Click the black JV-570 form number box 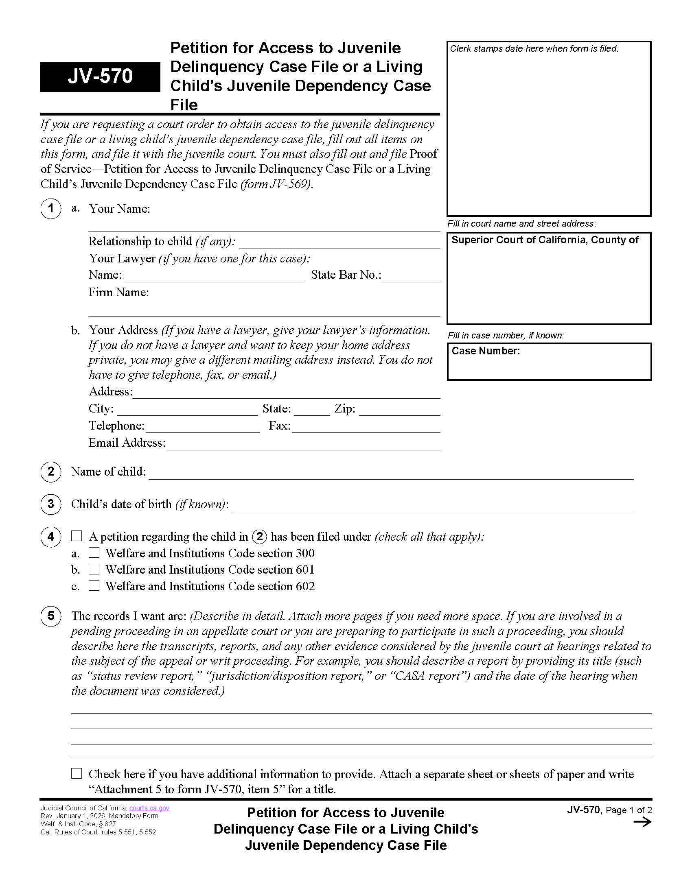point(100,76)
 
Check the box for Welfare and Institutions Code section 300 point(94,553)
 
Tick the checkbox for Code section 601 point(94,569)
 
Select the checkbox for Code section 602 point(94,585)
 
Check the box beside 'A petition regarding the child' point(77,536)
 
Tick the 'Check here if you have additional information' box point(77,773)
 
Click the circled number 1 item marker point(51,209)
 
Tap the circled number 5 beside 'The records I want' point(51,616)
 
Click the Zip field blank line point(399,410)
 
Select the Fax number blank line point(366,428)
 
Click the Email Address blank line point(303,445)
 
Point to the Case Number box point(549,362)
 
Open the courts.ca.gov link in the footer point(149,808)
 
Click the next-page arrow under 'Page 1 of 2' point(642,822)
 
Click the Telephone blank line point(203,428)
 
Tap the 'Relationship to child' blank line point(339,243)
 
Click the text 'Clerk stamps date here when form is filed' point(534,49)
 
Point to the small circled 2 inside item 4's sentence point(260,537)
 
